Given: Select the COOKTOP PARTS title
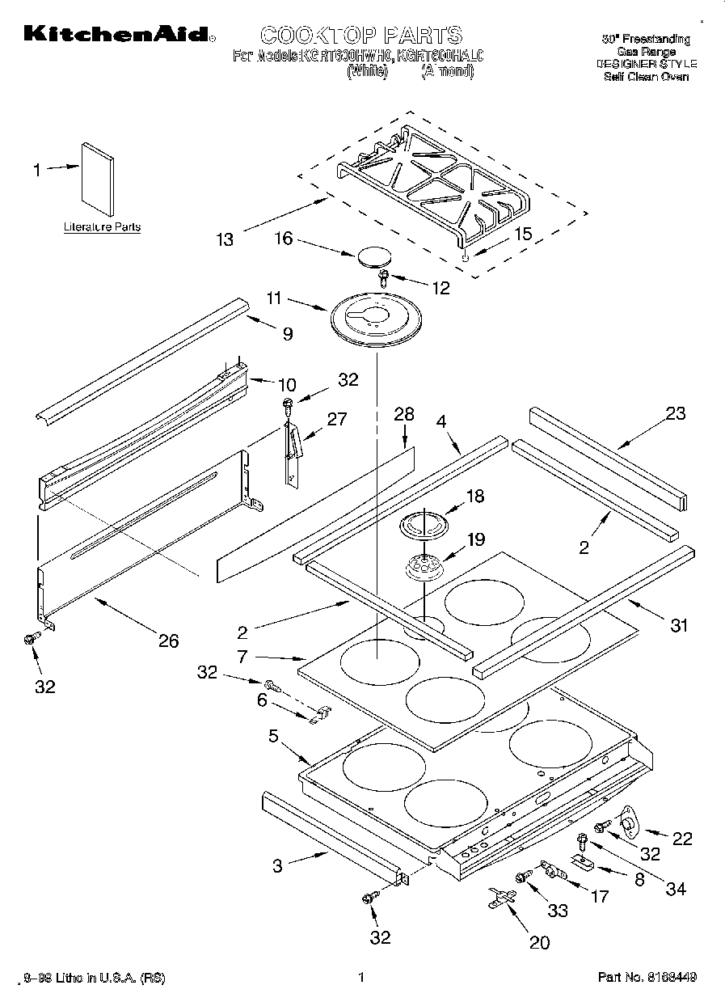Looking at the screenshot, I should point(360,35).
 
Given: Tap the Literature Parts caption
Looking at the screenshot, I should point(102,227).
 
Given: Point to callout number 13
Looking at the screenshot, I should point(225,239).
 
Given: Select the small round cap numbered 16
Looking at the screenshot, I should point(372,256).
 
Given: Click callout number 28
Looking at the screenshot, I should point(403,415).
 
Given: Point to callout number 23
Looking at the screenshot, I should point(676,414).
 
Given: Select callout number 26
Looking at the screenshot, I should point(168,641).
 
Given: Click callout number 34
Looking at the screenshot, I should point(676,888).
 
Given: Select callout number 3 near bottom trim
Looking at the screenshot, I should point(277,866).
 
